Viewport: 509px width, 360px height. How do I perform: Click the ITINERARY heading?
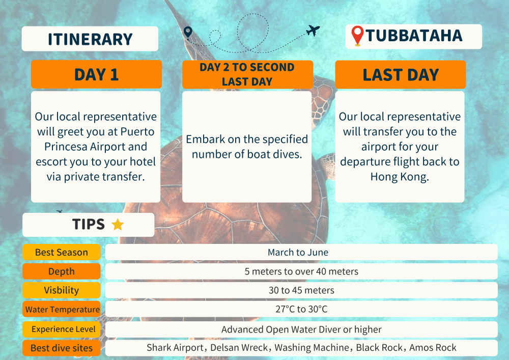tap(90, 39)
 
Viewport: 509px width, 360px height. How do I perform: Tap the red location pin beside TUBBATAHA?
tap(357, 35)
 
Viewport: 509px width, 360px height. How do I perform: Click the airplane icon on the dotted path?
tap(313, 31)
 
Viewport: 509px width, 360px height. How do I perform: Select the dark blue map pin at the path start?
tap(188, 33)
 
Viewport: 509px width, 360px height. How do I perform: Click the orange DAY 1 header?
tap(96, 74)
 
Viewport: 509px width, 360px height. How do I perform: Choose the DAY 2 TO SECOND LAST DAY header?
tap(247, 74)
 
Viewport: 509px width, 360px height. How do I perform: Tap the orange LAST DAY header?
tap(400, 74)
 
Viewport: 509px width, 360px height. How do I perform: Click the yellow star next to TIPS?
tap(118, 225)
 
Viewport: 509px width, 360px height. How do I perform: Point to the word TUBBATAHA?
tap(414, 35)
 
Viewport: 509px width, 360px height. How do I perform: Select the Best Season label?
tap(62, 252)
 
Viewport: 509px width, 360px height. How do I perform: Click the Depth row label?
tap(62, 271)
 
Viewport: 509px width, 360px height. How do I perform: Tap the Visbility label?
tap(62, 290)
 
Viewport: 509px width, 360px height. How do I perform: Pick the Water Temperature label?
tap(62, 310)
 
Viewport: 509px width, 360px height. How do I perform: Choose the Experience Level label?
tap(63, 329)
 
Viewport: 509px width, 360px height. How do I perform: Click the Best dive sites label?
tap(62, 348)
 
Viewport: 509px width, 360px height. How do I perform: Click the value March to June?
tap(298, 252)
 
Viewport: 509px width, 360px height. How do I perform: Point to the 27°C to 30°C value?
tap(301, 309)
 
